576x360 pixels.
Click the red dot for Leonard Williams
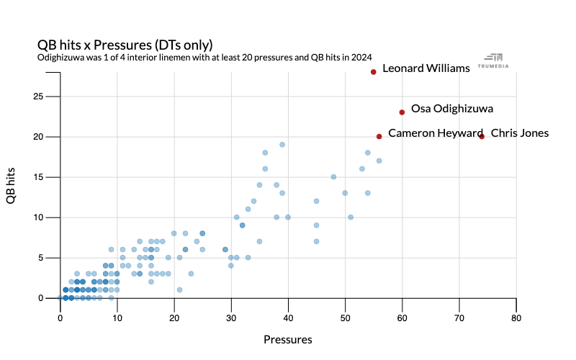(x=374, y=71)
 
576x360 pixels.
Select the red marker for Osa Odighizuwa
(x=402, y=112)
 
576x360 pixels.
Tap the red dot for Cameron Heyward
(x=379, y=136)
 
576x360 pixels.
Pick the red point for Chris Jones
(x=482, y=136)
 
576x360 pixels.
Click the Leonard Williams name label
(x=426, y=68)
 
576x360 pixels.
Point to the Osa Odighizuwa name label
(x=452, y=109)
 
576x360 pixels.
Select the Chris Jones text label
(x=520, y=133)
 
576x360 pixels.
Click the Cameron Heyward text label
(x=436, y=133)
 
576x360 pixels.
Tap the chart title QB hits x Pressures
(x=125, y=44)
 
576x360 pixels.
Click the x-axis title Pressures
(x=287, y=339)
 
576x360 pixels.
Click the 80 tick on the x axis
(x=516, y=316)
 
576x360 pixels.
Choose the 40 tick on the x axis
(x=288, y=316)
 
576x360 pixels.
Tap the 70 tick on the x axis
(x=459, y=316)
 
